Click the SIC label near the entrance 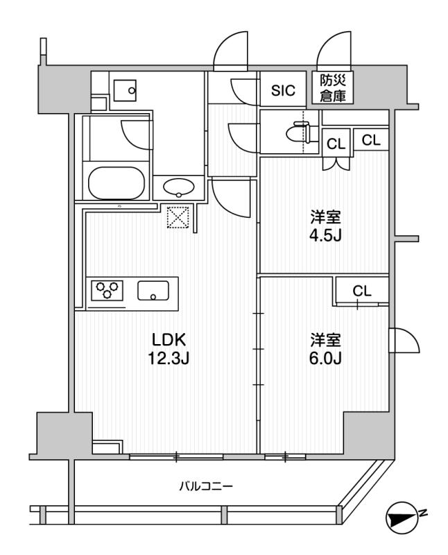[x=282, y=89]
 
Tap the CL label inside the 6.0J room [x=362, y=291]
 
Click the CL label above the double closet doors [x=336, y=144]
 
